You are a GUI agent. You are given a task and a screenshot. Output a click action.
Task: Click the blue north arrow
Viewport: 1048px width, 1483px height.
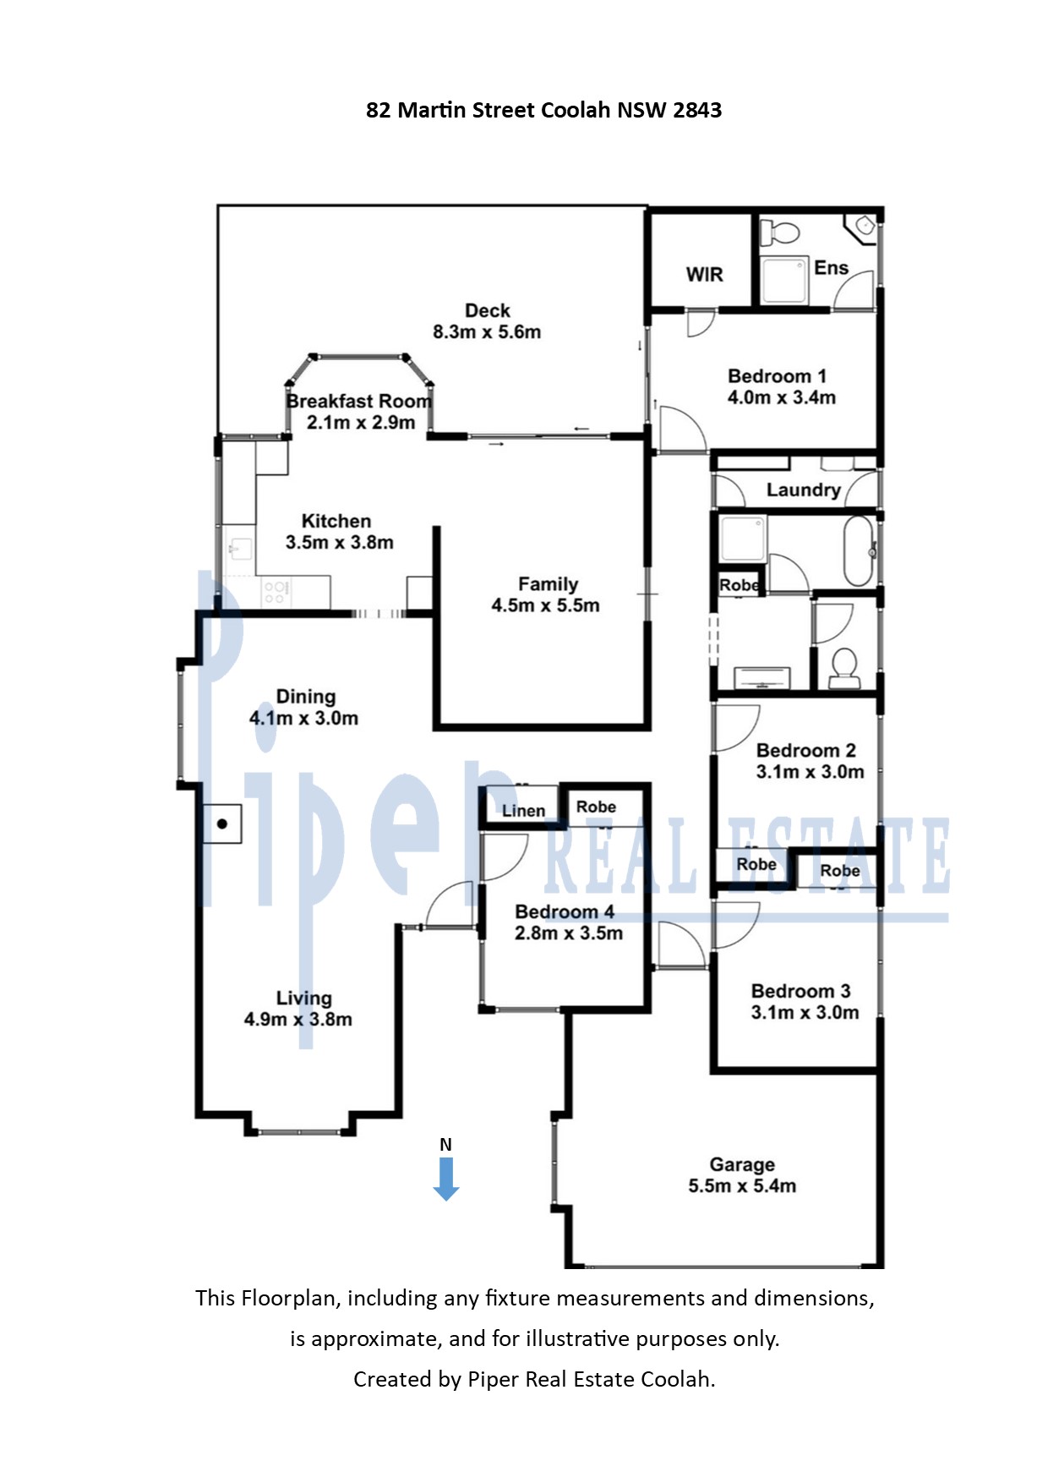(445, 1179)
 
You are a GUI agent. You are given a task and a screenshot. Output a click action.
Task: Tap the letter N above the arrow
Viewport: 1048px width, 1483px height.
(445, 1145)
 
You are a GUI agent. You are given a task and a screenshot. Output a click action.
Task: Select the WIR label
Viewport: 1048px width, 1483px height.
(704, 275)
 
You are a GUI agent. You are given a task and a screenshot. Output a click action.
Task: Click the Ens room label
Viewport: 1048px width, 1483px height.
(831, 268)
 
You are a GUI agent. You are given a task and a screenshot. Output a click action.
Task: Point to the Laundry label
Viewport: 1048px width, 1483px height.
(803, 490)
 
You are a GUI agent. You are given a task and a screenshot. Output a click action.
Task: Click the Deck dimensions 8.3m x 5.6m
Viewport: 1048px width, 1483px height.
(487, 332)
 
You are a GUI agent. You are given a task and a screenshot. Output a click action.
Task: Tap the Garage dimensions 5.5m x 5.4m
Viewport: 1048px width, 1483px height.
(742, 1186)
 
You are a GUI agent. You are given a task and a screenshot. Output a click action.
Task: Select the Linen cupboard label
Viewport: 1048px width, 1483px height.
(523, 811)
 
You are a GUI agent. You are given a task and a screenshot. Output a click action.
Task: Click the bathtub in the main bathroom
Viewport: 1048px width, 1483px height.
(858, 550)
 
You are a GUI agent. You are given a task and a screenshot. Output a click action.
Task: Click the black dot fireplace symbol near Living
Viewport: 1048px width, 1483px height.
(222, 824)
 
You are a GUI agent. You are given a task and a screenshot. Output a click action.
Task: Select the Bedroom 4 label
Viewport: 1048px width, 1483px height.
(564, 912)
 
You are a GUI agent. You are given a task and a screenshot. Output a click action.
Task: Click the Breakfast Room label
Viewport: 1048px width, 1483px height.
(358, 402)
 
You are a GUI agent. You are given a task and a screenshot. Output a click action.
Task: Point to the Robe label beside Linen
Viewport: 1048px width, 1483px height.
(596, 807)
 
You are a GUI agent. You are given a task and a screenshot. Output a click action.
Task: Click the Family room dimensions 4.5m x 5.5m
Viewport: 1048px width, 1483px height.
(545, 606)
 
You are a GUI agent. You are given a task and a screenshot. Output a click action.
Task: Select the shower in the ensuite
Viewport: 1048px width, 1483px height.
(785, 282)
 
